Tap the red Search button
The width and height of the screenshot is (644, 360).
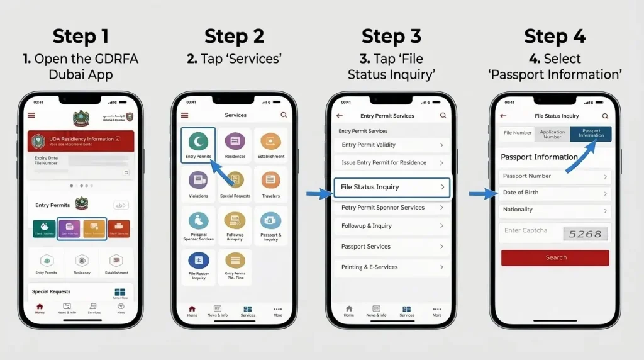555,257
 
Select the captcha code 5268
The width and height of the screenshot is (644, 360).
585,233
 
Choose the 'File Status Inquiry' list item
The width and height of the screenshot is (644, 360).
391,188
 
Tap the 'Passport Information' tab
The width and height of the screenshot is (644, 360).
591,133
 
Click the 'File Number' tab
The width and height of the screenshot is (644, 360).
518,133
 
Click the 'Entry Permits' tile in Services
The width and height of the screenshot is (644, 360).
198,145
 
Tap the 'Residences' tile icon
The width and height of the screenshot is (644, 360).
235,141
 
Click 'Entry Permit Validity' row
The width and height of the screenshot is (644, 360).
391,145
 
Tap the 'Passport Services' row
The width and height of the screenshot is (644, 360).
391,247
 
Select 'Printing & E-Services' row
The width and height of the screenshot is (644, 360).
391,267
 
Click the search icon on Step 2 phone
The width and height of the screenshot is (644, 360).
284,115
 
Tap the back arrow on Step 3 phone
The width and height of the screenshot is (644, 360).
340,116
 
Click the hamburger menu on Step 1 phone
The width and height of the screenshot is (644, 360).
31,116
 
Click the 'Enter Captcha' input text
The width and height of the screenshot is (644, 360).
526,231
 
